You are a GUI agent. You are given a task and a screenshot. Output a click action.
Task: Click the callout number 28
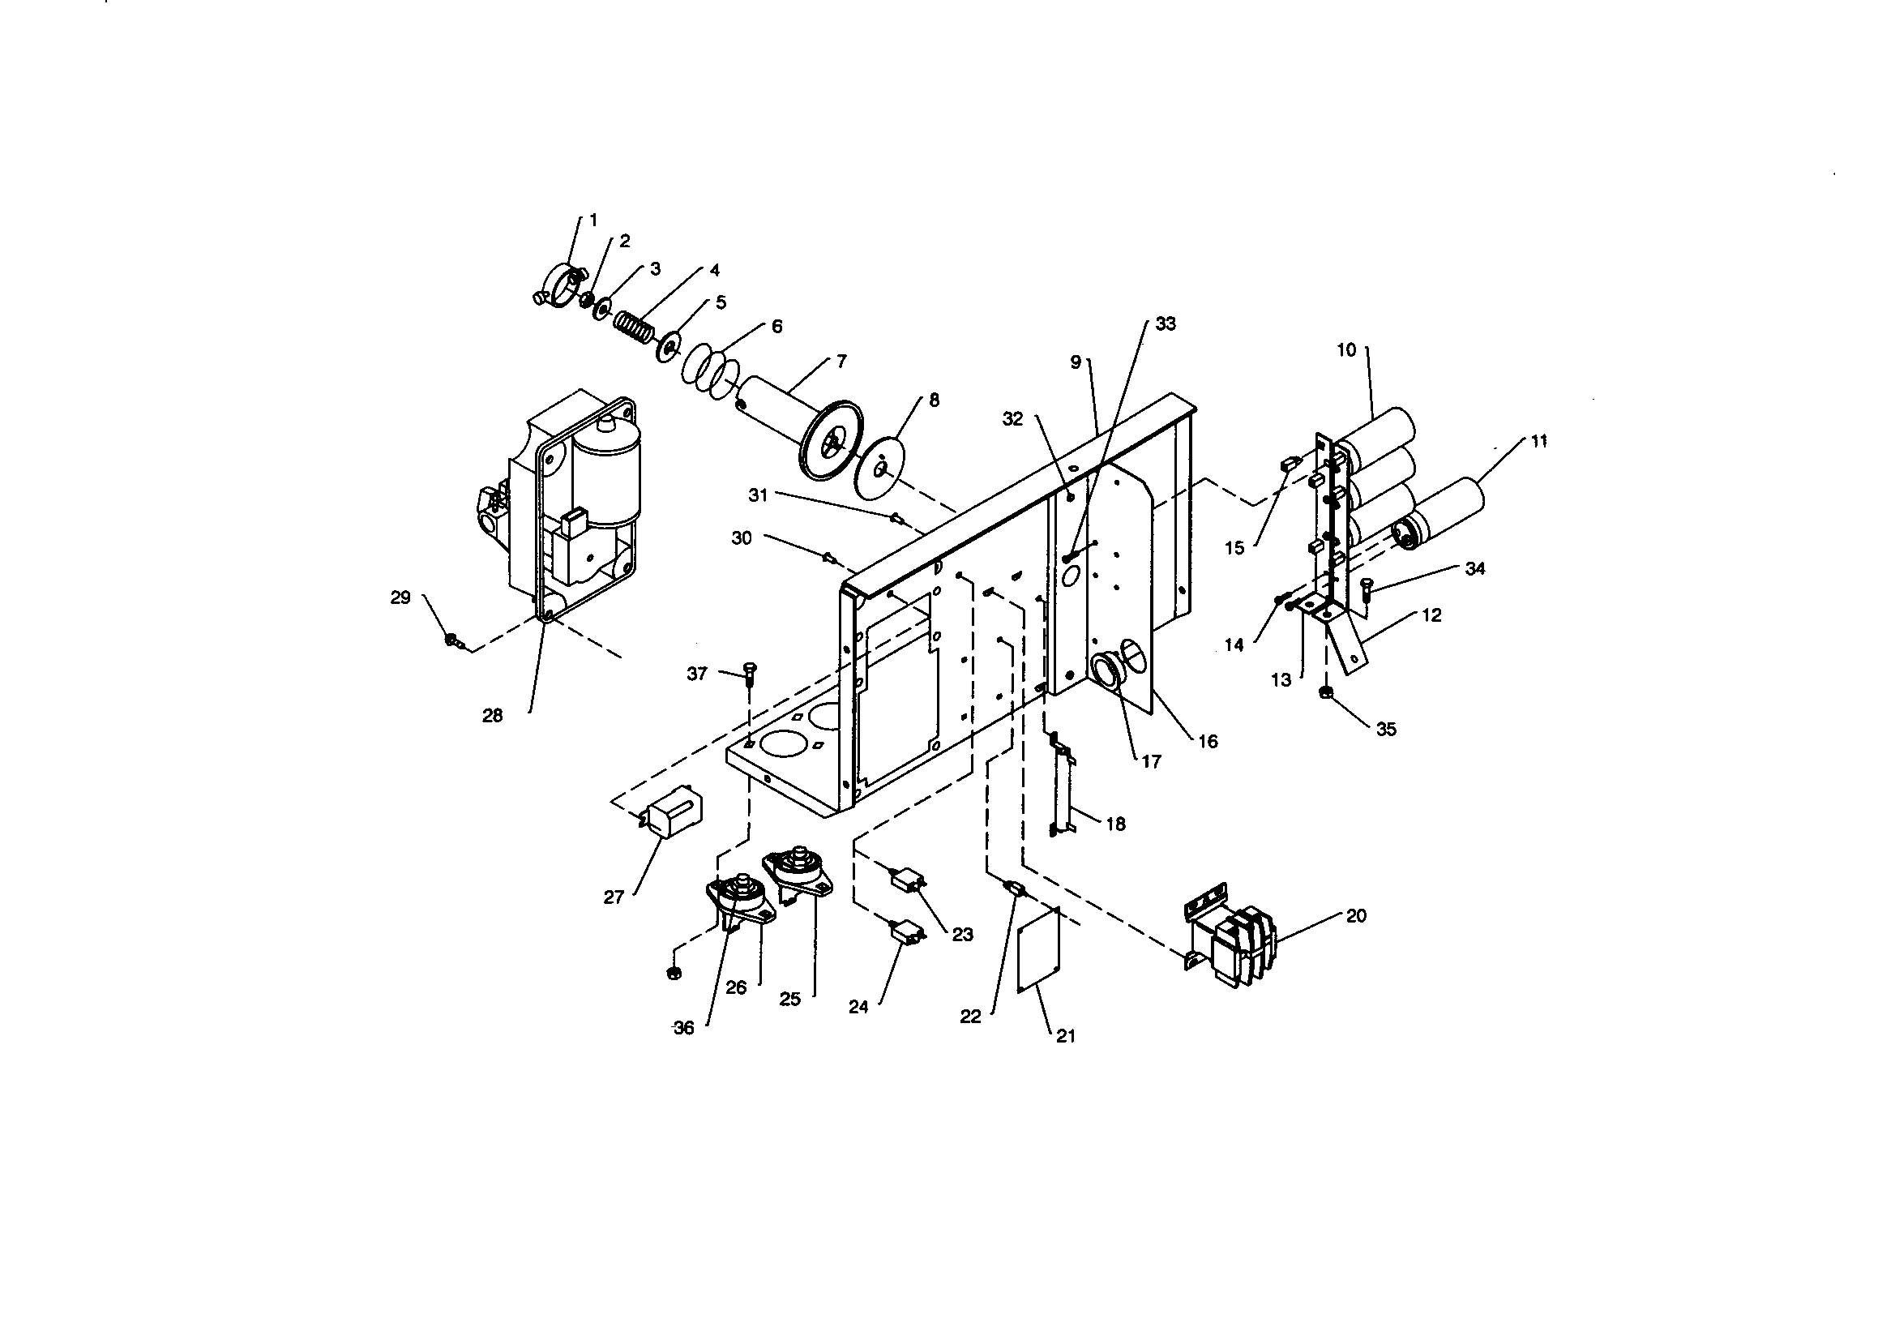click(x=492, y=716)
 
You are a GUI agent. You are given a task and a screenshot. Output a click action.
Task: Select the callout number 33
click(x=1165, y=324)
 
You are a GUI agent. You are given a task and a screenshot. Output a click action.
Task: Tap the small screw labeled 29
click(x=452, y=640)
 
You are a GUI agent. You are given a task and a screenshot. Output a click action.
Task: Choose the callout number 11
click(x=1538, y=442)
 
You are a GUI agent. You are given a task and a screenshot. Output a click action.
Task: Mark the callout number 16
click(x=1208, y=742)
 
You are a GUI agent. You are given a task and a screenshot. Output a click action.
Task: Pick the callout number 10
click(x=1346, y=350)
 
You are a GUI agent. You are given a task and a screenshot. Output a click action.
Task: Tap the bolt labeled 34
click(x=1364, y=589)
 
